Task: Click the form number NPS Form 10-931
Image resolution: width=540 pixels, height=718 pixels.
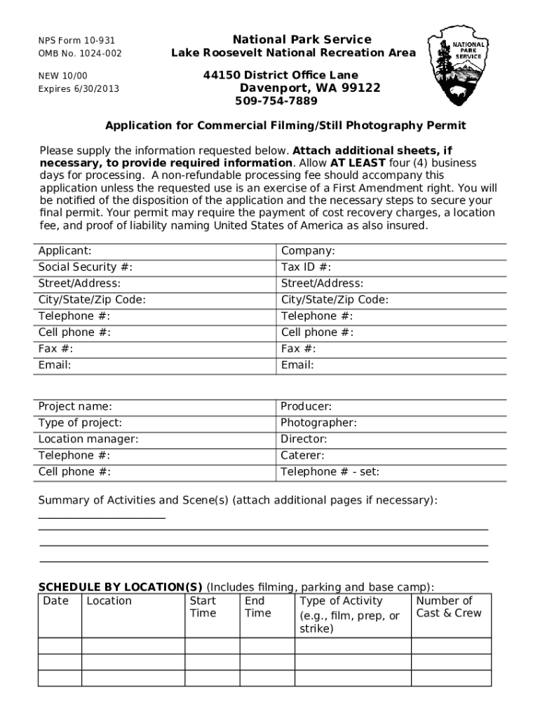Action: (76, 41)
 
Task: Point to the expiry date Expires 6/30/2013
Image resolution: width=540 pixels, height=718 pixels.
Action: (79, 89)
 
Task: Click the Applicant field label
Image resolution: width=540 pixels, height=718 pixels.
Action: (65, 251)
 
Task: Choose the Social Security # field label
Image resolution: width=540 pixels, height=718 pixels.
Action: (85, 267)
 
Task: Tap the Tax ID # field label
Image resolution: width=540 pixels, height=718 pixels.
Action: (306, 267)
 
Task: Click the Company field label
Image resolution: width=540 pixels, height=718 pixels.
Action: (308, 251)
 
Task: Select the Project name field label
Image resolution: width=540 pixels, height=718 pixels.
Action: (74, 407)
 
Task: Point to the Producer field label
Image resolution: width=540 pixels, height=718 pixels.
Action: (306, 407)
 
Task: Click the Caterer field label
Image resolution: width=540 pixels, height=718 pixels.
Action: (302, 456)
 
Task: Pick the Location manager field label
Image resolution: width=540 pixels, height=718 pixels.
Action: (88, 440)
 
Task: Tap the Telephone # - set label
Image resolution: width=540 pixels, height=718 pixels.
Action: (330, 472)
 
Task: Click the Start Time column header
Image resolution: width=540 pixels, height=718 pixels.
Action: (203, 607)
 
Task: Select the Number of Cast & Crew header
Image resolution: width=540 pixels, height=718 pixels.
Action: (449, 607)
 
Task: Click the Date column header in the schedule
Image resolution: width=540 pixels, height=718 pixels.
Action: (56, 601)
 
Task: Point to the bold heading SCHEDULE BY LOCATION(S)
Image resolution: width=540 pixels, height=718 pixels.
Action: (120, 587)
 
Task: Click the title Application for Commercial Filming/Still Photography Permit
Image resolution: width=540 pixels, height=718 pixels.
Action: (285, 126)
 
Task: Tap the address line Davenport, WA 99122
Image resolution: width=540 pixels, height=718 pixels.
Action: (310, 88)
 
